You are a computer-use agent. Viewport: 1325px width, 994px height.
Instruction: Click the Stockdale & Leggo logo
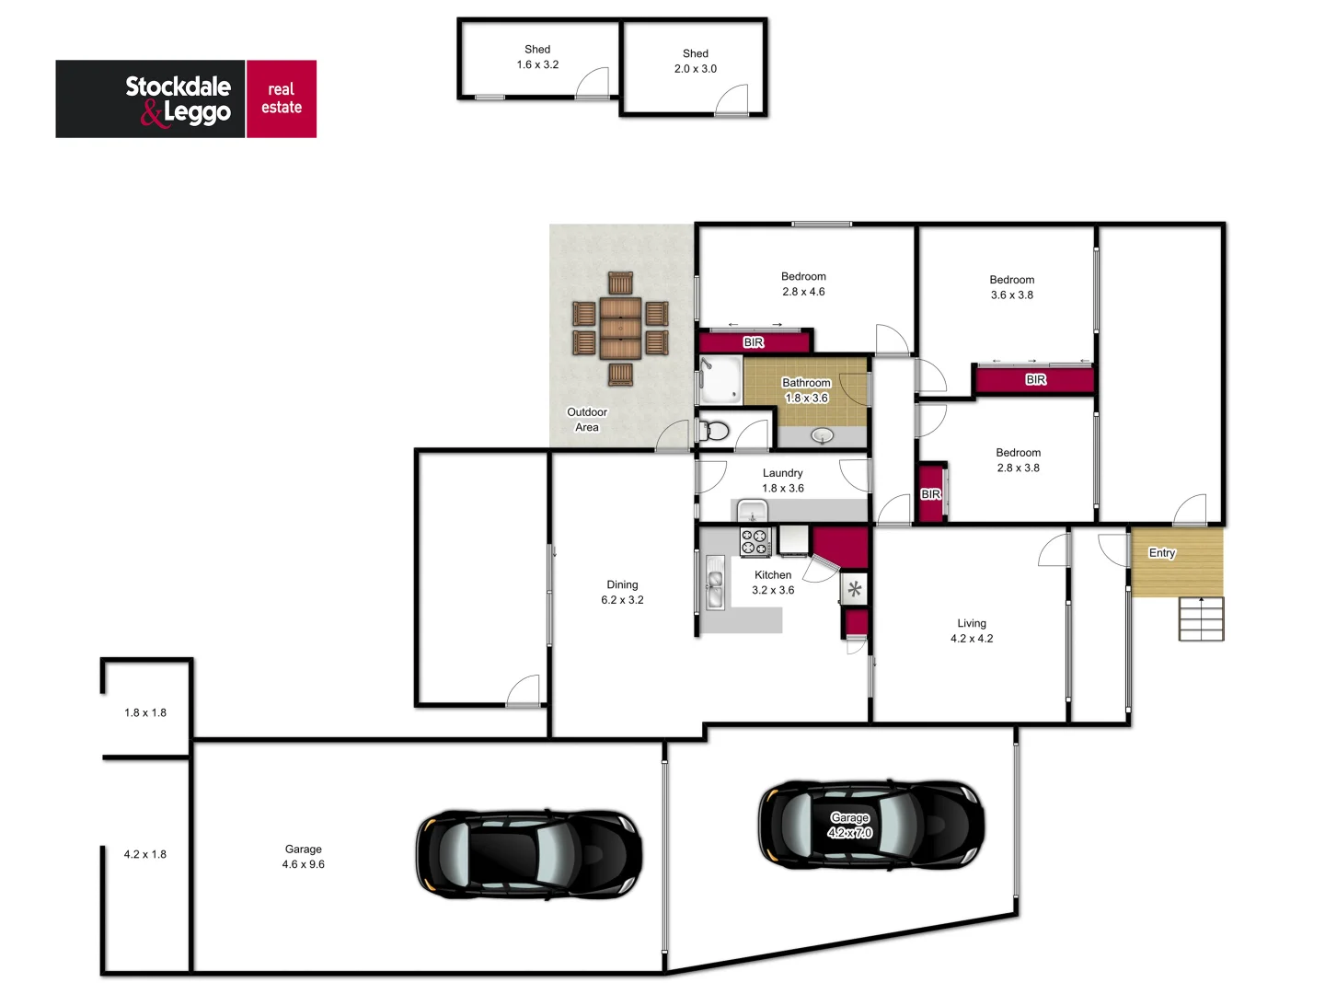pyautogui.click(x=186, y=99)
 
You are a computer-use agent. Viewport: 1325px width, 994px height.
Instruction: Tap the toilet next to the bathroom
pyautogui.click(x=716, y=431)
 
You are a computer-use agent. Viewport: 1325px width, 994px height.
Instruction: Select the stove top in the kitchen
pyautogui.click(x=755, y=542)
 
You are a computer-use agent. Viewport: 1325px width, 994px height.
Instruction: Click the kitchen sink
pyautogui.click(x=715, y=584)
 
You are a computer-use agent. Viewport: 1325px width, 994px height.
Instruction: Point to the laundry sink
pyautogui.click(x=752, y=511)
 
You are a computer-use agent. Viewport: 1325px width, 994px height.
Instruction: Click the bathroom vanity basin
pyautogui.click(x=822, y=435)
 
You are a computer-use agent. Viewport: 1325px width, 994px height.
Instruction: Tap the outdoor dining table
pyautogui.click(x=620, y=328)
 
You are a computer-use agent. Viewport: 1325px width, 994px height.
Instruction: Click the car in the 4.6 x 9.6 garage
pyautogui.click(x=528, y=855)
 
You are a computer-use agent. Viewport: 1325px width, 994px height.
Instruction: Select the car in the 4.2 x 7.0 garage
pyautogui.click(x=870, y=825)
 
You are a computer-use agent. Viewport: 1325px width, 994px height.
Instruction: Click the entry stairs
pyautogui.click(x=1201, y=618)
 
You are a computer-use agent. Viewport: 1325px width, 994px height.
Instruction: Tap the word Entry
pyautogui.click(x=1161, y=553)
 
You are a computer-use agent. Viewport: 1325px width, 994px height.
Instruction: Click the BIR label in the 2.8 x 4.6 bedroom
pyautogui.click(x=754, y=342)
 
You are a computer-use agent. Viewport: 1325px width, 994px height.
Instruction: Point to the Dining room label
pyautogui.click(x=622, y=584)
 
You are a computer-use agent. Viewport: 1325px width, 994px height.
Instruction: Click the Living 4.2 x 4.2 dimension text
pyautogui.click(x=972, y=639)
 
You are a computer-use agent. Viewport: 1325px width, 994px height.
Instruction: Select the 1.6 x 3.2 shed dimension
pyautogui.click(x=537, y=64)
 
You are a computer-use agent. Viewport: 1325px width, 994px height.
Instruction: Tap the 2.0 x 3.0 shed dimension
pyautogui.click(x=695, y=69)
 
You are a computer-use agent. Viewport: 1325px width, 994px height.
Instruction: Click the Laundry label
pyautogui.click(x=782, y=473)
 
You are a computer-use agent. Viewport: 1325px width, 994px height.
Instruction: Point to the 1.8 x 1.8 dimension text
pyautogui.click(x=145, y=712)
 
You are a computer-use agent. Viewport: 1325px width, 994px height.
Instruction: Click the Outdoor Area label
pyautogui.click(x=587, y=420)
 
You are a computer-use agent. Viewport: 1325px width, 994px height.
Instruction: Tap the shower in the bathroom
pyautogui.click(x=720, y=380)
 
